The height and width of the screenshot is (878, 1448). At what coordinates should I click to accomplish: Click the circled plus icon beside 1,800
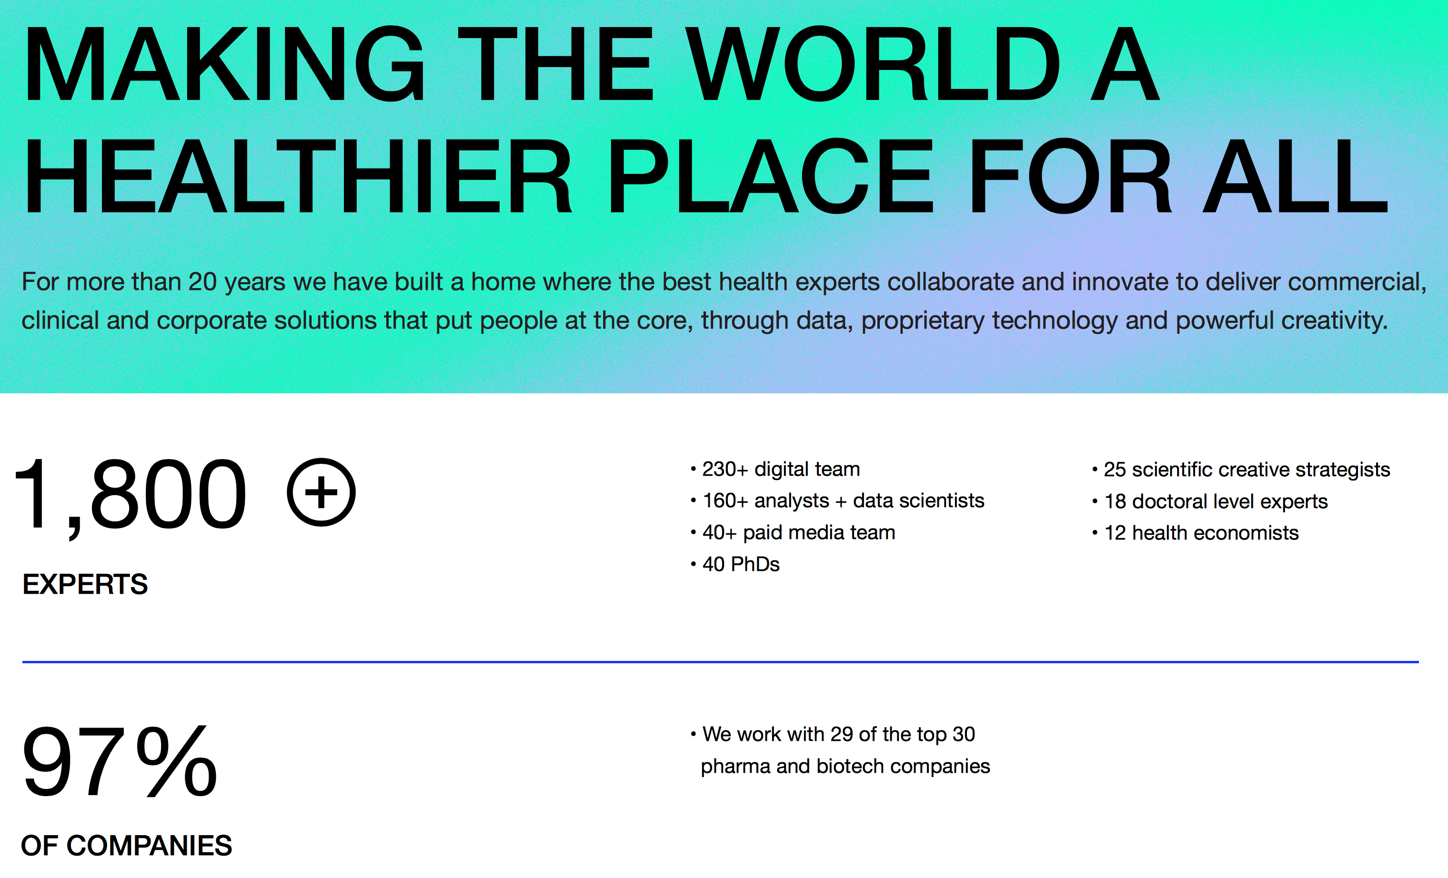[321, 492]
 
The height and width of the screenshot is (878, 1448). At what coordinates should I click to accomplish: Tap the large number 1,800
[131, 496]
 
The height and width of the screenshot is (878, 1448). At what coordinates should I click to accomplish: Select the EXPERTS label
[85, 584]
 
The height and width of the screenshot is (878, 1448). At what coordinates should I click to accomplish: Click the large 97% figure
[119, 761]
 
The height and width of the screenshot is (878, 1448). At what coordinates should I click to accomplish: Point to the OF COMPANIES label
[126, 846]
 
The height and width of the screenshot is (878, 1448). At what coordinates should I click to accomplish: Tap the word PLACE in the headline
[770, 176]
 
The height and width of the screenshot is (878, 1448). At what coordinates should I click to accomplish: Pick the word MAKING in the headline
[224, 63]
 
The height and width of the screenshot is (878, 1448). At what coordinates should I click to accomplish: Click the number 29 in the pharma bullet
[842, 734]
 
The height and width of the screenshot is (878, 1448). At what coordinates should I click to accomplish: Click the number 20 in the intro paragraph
[203, 282]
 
